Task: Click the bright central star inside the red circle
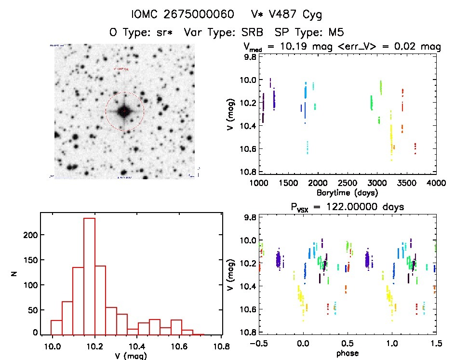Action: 124,111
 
